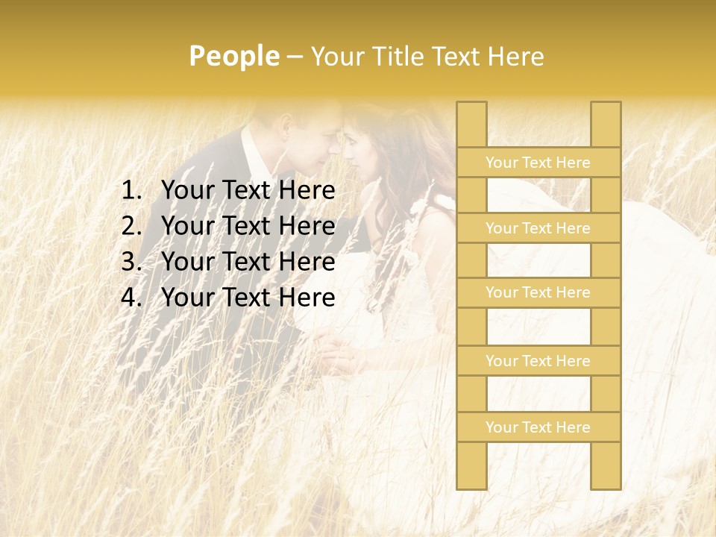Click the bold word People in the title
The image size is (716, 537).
233,56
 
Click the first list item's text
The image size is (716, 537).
248,191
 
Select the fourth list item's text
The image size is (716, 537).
248,298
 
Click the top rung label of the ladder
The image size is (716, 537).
538,163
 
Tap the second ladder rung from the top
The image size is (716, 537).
538,228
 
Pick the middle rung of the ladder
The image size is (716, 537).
538,292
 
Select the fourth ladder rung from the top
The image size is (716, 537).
538,361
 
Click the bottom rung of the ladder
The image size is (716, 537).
538,427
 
